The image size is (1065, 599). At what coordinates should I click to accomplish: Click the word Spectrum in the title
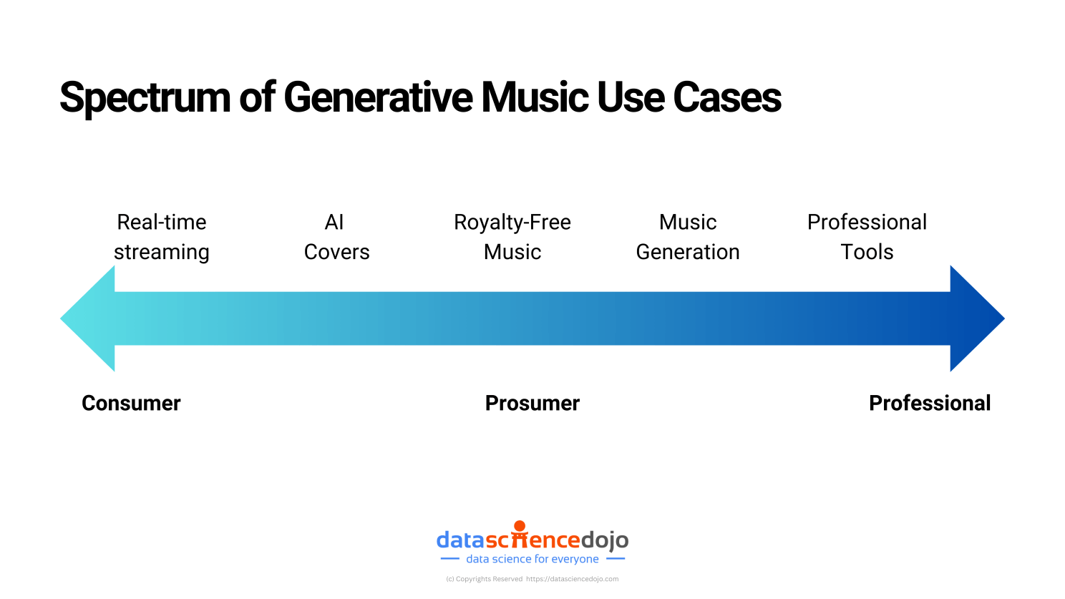pyautogui.click(x=146, y=98)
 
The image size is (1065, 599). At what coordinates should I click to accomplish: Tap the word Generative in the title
pyautogui.click(x=378, y=97)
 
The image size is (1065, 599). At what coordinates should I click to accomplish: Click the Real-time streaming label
pyautogui.click(x=162, y=237)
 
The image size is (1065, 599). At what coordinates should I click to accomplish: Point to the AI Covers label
pyautogui.click(x=336, y=237)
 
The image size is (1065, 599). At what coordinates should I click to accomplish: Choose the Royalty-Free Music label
pyautogui.click(x=512, y=237)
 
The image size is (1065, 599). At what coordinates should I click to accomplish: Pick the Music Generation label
pyautogui.click(x=688, y=237)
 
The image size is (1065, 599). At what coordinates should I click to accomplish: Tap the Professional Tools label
pyautogui.click(x=867, y=237)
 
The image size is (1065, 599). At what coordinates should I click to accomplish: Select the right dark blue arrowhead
pyautogui.click(x=975, y=318)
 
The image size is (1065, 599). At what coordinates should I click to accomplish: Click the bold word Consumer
pyautogui.click(x=131, y=403)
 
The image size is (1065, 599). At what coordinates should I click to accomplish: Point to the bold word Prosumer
pyautogui.click(x=532, y=403)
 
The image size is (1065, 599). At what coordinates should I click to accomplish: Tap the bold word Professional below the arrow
pyautogui.click(x=930, y=403)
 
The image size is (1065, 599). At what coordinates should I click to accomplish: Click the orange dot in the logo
pyautogui.click(x=520, y=526)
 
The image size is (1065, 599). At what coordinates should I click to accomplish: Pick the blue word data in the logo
pyautogui.click(x=460, y=540)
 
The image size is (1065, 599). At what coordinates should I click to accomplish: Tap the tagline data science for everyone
pyautogui.click(x=532, y=559)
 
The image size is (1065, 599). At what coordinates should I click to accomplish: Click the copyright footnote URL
pyautogui.click(x=572, y=579)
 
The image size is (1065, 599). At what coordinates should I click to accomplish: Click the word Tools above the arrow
pyautogui.click(x=867, y=252)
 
